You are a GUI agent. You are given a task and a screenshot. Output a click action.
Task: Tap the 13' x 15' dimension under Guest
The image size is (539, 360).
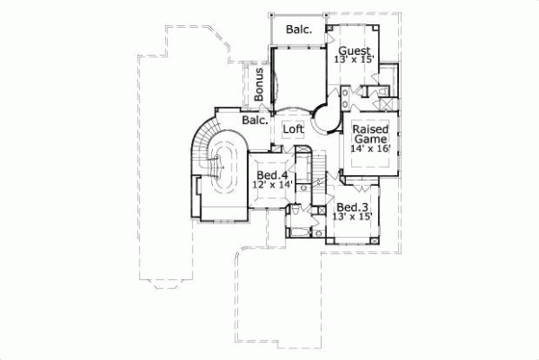point(354,60)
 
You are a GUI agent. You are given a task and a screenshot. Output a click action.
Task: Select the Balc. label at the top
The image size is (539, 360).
point(299,29)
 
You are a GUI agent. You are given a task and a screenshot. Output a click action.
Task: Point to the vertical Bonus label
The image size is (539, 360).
point(259,83)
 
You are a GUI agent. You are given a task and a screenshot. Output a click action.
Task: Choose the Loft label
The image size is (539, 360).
point(294,128)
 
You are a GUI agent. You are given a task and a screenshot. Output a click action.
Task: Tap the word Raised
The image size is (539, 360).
point(369,129)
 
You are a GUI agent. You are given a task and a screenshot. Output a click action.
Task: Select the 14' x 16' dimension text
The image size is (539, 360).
point(369,150)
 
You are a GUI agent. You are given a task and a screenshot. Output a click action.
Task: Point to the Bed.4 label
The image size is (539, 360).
point(272,174)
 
